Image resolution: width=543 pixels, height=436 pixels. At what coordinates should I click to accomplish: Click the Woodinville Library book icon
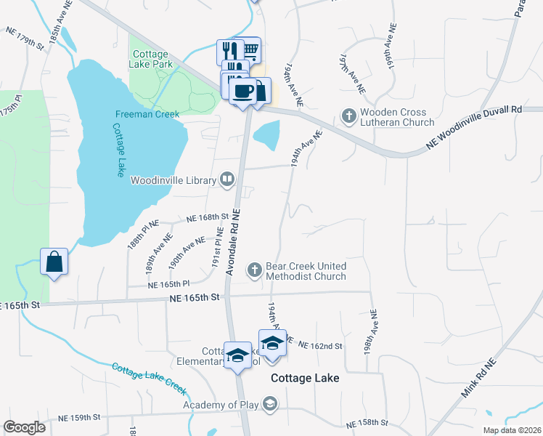(x=228, y=179)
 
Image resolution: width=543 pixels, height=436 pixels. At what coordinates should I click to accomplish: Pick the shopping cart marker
(x=249, y=49)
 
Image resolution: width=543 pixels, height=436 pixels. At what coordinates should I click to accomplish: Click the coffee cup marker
(x=242, y=91)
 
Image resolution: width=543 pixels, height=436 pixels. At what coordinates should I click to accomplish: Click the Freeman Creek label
(x=147, y=114)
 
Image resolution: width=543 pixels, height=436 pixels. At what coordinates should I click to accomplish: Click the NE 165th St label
(x=195, y=297)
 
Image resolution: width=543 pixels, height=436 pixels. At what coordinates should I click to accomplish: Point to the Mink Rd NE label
(x=479, y=378)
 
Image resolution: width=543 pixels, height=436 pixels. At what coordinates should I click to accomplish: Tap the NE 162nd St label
(x=319, y=346)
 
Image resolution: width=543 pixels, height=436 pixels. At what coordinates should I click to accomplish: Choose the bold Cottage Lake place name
(x=305, y=379)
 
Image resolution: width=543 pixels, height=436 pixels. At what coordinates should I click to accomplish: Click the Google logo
(x=24, y=427)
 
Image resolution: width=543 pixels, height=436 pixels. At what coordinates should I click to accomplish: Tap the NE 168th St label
(x=207, y=217)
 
